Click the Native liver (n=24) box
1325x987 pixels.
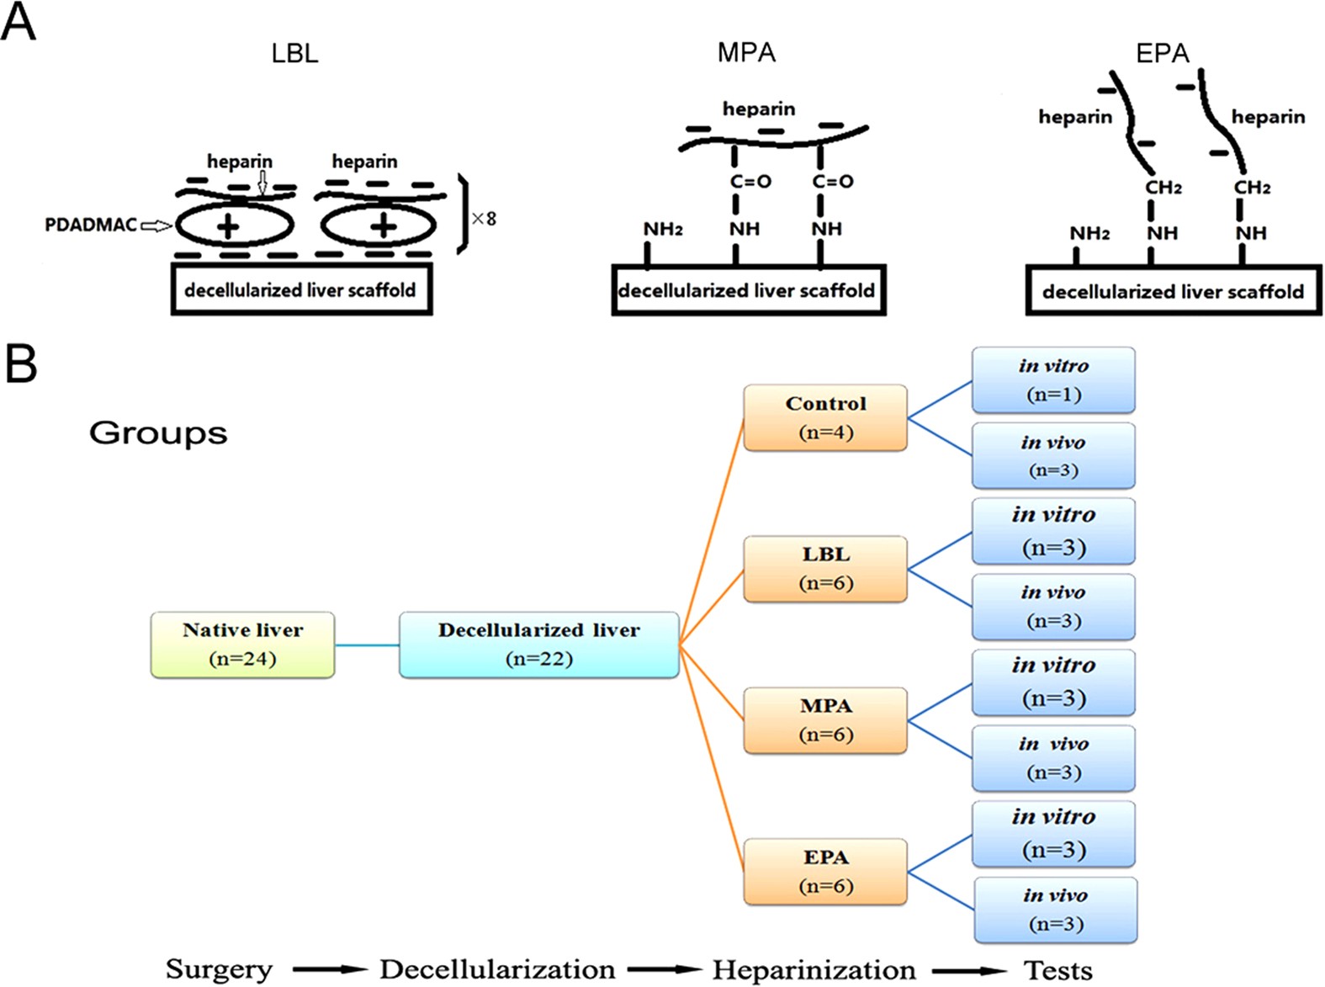click(x=242, y=645)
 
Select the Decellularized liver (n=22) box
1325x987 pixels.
click(x=538, y=645)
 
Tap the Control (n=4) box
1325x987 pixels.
click(x=825, y=417)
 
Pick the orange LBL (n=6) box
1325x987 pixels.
click(x=825, y=569)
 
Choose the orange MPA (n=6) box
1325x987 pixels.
click(x=825, y=720)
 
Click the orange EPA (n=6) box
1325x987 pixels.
click(x=825, y=871)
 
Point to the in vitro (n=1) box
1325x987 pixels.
click(x=1053, y=379)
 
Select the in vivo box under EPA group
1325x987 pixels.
click(x=1055, y=910)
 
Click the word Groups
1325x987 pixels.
click(x=158, y=432)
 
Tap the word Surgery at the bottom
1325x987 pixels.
click(x=219, y=968)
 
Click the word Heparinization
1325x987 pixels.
click(x=814, y=969)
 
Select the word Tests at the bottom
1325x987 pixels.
click(x=1057, y=970)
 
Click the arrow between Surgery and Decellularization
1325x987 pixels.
click(x=330, y=969)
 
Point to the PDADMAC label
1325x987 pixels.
click(x=90, y=225)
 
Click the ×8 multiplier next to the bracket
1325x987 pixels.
click(x=484, y=219)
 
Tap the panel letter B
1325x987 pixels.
click(x=20, y=364)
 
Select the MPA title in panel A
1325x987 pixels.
click(x=745, y=52)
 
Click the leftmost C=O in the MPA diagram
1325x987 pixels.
click(x=750, y=181)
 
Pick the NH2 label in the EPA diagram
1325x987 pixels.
click(x=1089, y=233)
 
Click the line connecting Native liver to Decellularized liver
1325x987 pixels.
click(x=367, y=645)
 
